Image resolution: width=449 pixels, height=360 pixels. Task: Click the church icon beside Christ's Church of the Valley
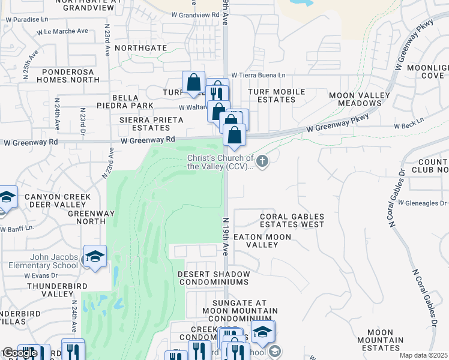263,160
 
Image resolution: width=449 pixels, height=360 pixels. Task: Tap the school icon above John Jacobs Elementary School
95,257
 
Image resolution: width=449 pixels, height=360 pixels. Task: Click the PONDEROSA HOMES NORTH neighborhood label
67,75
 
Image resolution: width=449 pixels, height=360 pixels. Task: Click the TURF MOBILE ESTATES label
277,95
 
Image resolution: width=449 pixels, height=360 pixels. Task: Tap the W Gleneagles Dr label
422,203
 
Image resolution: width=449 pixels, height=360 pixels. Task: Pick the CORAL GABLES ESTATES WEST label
292,220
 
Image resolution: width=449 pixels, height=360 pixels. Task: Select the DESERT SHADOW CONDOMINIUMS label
213,278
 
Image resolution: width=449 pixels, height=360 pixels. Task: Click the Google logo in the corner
20,353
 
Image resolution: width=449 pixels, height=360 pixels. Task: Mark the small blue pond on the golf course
115,277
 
